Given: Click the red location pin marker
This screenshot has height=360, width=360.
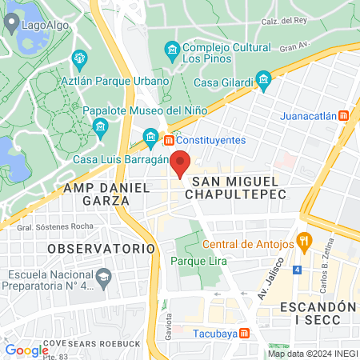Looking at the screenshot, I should [180, 163].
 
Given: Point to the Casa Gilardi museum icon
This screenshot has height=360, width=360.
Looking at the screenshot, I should [264, 80].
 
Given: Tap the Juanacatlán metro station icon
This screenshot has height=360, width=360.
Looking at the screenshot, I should [343, 116].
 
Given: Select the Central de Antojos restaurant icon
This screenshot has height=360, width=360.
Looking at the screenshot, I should [303, 239].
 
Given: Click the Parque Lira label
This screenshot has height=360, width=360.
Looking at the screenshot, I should [198, 262].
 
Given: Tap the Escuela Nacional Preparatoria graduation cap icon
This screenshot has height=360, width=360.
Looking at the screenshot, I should [104, 278].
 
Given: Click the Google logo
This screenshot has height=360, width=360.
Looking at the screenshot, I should [26, 350].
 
